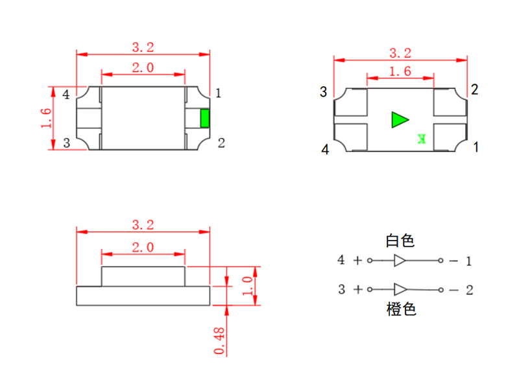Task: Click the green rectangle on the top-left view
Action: [x=205, y=119]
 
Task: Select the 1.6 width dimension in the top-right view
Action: [x=400, y=71]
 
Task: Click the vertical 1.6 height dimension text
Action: [x=45, y=119]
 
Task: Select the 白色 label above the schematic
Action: [x=400, y=241]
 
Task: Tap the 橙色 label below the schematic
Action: [x=401, y=309]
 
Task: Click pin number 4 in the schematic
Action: [x=341, y=261]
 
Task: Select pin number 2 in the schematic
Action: [x=469, y=290]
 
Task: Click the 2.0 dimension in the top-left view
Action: [x=143, y=67]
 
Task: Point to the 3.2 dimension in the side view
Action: [x=143, y=225]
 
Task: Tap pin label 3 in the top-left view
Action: [x=66, y=143]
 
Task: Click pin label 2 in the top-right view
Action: [x=475, y=89]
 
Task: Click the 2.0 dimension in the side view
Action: [x=143, y=247]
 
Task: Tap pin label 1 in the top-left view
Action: [x=219, y=93]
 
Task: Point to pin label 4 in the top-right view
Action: [x=325, y=150]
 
